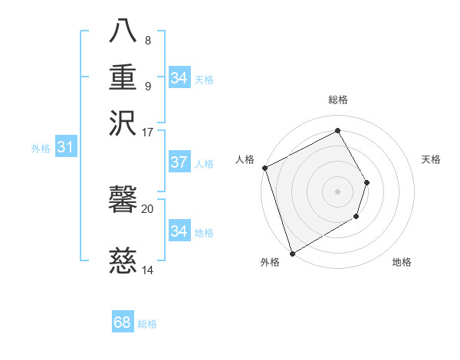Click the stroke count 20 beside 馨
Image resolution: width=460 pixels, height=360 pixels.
click(148, 208)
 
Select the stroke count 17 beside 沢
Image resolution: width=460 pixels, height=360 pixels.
click(148, 131)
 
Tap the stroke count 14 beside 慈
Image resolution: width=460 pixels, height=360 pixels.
click(148, 270)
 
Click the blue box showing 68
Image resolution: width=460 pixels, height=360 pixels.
click(123, 322)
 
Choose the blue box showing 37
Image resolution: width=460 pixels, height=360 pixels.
click(179, 162)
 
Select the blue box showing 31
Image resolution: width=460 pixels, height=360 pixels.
click(65, 147)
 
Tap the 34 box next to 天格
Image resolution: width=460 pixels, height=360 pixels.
click(179, 78)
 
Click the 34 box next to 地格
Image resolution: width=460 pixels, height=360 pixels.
click(179, 231)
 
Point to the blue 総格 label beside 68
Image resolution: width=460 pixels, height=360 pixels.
click(147, 324)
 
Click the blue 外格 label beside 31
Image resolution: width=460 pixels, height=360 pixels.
click(41, 149)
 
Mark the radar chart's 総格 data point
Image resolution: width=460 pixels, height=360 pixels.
click(337, 131)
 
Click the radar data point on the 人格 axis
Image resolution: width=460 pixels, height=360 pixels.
click(264, 168)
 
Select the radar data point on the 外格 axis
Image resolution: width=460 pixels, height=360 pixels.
click(292, 253)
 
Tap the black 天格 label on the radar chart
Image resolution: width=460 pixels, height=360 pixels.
click(432, 159)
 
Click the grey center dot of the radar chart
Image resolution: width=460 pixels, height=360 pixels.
click(337, 191)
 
